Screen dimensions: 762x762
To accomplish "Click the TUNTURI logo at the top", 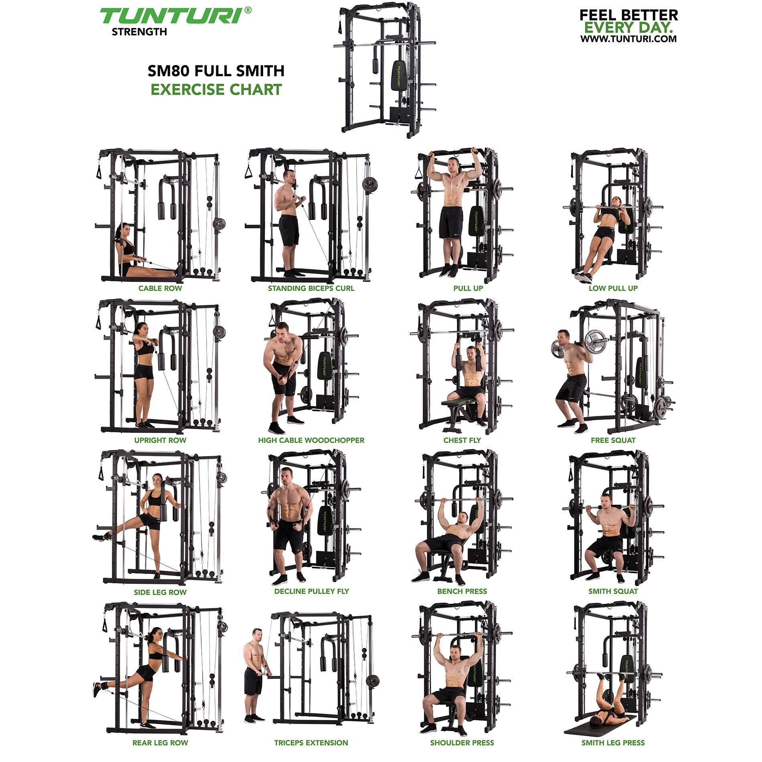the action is tap(175, 16).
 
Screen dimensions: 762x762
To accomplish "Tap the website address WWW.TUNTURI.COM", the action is tap(628, 39).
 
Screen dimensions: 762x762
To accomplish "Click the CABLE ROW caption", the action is tap(160, 288).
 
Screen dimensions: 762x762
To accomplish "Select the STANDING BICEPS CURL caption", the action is tap(311, 288).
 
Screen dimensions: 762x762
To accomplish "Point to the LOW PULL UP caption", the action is tap(613, 288).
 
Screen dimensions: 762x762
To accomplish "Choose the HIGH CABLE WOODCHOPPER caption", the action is tap(311, 440).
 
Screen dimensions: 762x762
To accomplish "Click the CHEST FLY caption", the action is tap(462, 440).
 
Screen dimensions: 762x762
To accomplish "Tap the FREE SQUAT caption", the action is tap(613, 440).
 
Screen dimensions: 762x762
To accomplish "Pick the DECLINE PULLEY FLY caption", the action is tap(312, 591).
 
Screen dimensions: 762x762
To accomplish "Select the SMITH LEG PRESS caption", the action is tap(613, 743).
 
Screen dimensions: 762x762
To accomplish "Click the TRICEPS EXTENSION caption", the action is tap(311, 743).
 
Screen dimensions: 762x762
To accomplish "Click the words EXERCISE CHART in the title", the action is tap(216, 89).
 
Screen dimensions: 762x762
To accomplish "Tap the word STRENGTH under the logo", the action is tap(139, 32).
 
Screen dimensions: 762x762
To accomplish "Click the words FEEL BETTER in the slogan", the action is tap(628, 15).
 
